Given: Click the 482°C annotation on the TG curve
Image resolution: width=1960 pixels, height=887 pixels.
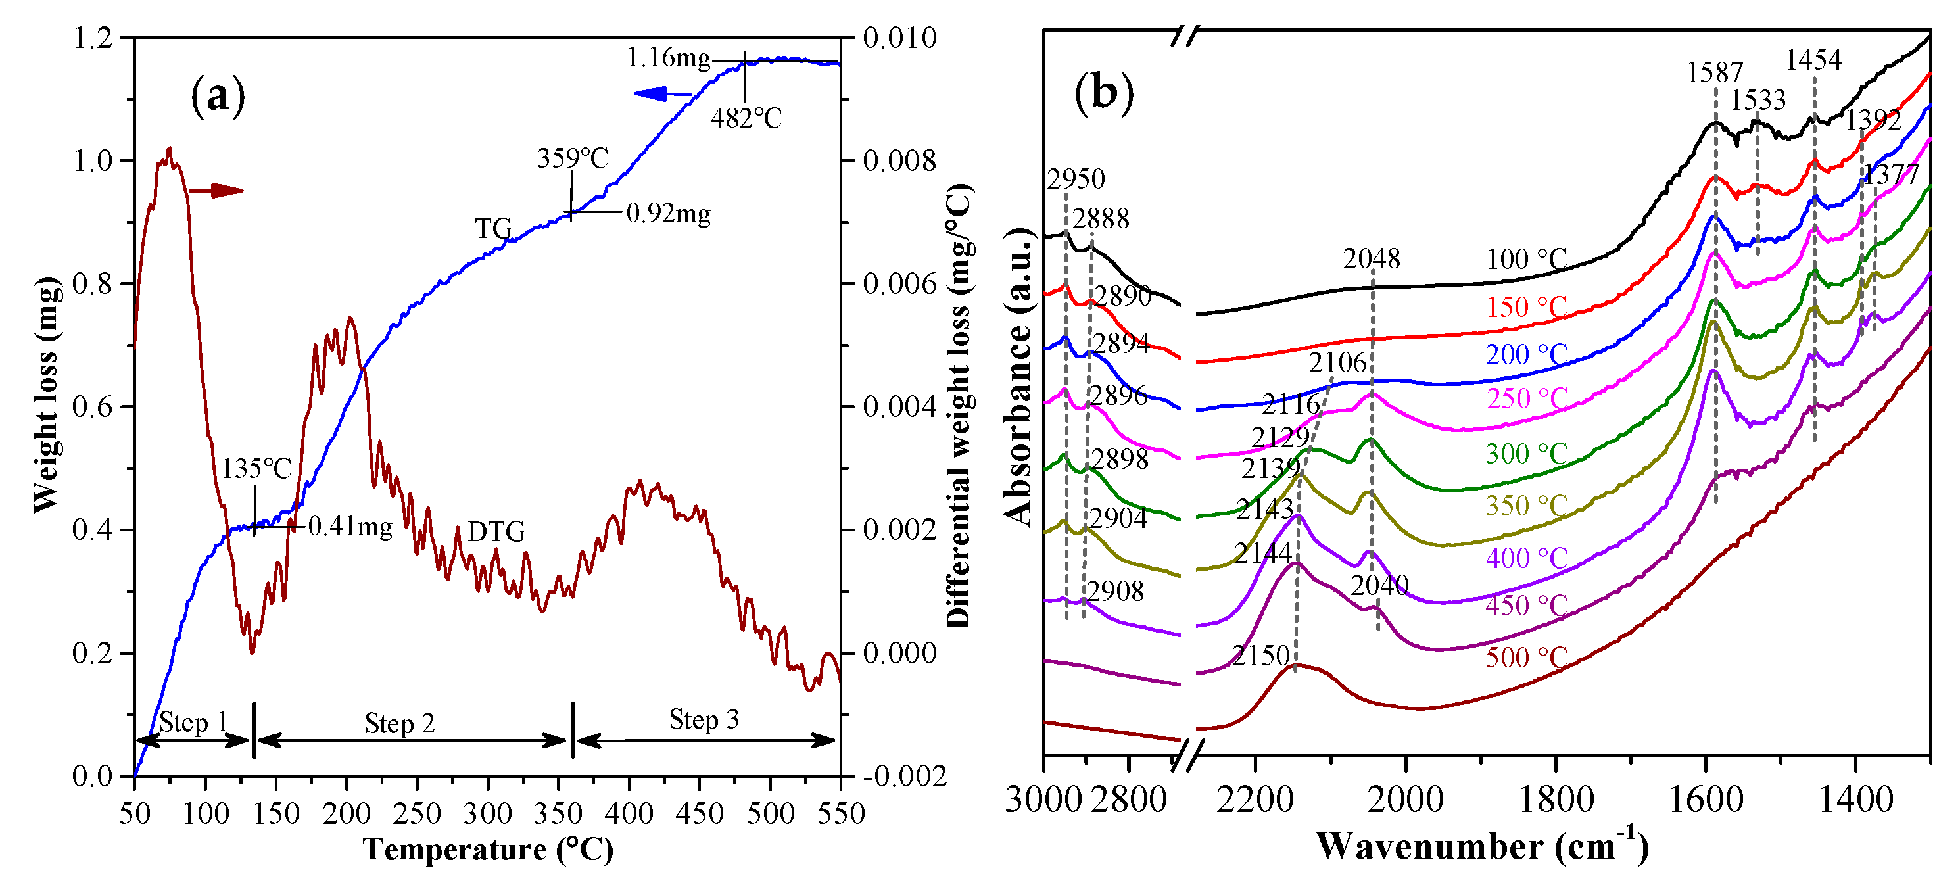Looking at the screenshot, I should [x=746, y=118].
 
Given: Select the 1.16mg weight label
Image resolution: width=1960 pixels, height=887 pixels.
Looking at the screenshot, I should [x=668, y=58].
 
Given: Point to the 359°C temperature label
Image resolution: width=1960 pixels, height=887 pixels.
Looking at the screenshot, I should [x=572, y=158].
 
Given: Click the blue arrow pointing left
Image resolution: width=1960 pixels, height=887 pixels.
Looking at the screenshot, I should [x=661, y=93].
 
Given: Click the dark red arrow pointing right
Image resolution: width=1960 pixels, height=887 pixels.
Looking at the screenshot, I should [x=216, y=190].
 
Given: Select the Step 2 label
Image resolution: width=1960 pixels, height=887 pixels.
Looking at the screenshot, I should [x=400, y=723].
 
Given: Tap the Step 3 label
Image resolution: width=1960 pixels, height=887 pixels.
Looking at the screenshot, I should [x=704, y=719].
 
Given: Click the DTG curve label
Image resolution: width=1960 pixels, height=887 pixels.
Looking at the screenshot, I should [x=496, y=532].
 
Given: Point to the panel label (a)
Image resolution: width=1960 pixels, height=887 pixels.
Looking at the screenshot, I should [x=218, y=97].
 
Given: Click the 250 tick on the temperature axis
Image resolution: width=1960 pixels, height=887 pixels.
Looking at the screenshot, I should [x=417, y=813].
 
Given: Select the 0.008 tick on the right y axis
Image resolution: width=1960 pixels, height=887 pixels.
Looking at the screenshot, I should [x=899, y=160].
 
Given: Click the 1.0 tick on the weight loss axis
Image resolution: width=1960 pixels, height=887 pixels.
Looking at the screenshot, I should [x=93, y=160].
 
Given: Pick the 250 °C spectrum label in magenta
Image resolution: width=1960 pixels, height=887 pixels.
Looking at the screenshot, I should [x=1526, y=398].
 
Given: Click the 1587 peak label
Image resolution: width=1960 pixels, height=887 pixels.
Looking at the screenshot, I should [x=1714, y=73].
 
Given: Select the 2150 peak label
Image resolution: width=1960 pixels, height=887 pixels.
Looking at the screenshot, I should [x=1261, y=656].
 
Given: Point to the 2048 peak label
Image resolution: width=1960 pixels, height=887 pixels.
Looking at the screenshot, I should [x=1371, y=260].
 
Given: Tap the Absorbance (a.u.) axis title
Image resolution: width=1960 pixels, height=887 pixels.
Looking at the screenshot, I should [x=1018, y=377].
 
